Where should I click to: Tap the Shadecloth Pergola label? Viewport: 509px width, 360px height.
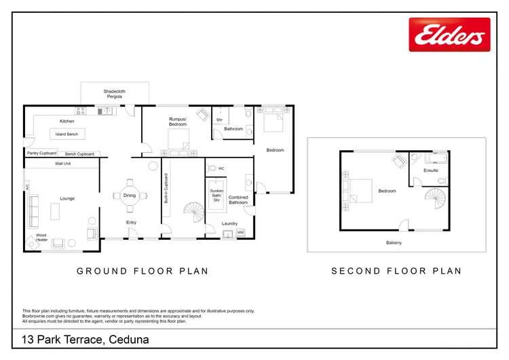pyautogui.click(x=114, y=94)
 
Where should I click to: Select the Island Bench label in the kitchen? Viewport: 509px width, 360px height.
pyautogui.click(x=67, y=134)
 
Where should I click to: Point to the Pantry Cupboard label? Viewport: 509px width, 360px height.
pyautogui.click(x=41, y=154)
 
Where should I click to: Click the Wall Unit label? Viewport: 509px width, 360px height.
pyautogui.click(x=63, y=164)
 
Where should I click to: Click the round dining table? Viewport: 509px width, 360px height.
pyautogui.click(x=129, y=195)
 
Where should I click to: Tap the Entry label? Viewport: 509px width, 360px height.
pyautogui.click(x=131, y=223)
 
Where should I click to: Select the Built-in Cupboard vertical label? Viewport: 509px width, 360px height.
pyautogui.click(x=166, y=189)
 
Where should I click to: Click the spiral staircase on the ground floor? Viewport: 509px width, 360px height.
pyautogui.click(x=194, y=216)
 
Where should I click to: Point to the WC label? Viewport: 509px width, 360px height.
pyautogui.click(x=222, y=167)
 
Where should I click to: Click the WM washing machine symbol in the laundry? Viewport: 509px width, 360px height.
pyautogui.click(x=240, y=232)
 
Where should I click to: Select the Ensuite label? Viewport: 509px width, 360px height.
pyautogui.click(x=431, y=170)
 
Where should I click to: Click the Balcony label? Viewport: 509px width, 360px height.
pyautogui.click(x=394, y=242)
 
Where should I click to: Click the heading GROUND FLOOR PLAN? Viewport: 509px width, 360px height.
pyautogui.click(x=142, y=271)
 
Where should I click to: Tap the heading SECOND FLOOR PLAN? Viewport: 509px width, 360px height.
pyautogui.click(x=396, y=271)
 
